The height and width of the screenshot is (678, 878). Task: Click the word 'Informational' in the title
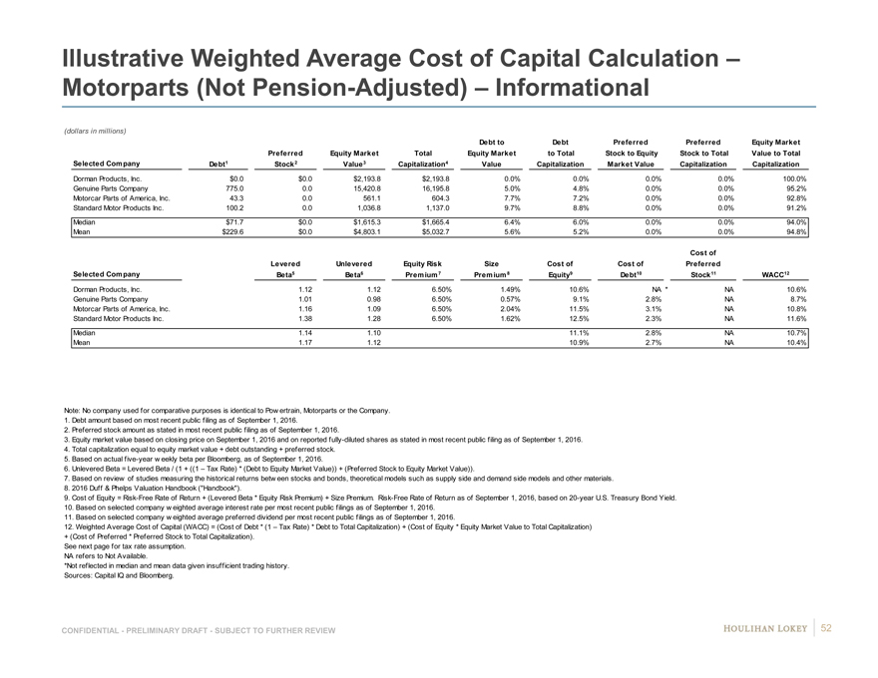(x=553, y=87)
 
